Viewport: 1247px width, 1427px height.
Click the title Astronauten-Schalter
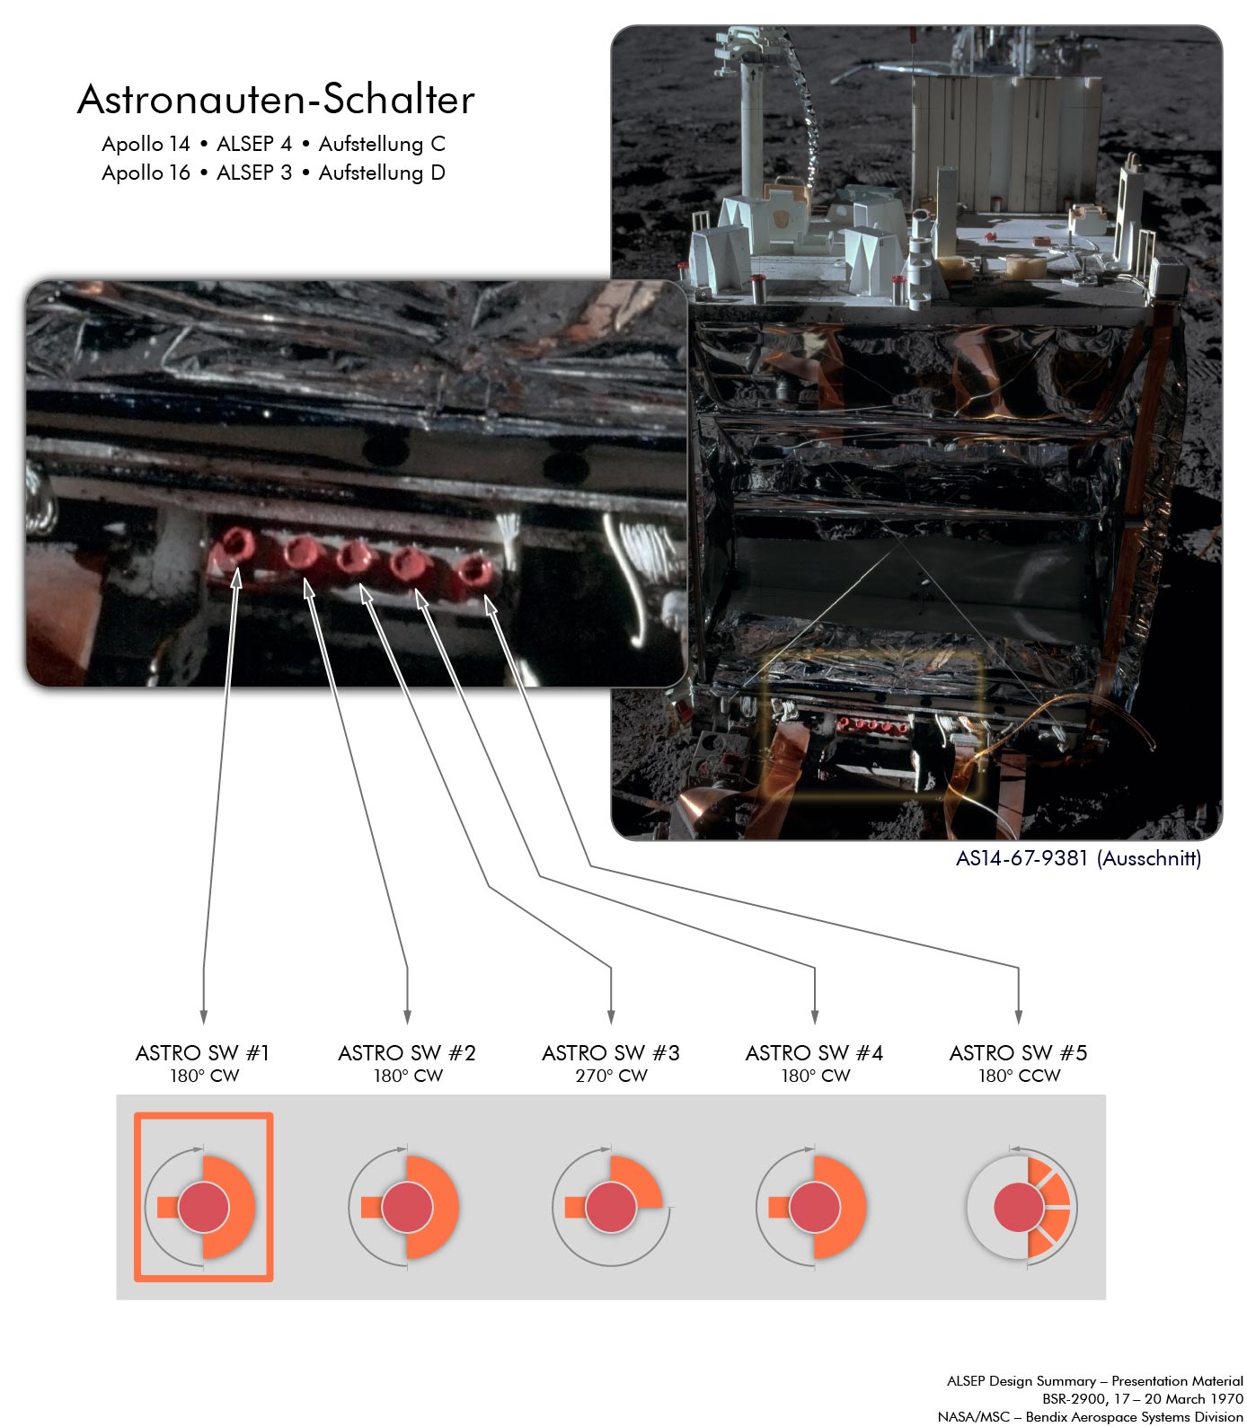(276, 100)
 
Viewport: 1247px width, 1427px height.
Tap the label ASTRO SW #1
(202, 1052)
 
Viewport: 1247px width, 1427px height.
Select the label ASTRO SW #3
(611, 1052)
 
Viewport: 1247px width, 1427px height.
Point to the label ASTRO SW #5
(1018, 1052)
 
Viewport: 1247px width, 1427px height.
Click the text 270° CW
(611, 1076)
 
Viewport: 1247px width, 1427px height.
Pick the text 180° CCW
(1019, 1076)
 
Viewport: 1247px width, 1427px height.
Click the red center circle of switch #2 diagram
(407, 1207)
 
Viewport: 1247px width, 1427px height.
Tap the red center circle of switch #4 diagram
(815, 1207)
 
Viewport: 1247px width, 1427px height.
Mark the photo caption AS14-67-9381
(1021, 858)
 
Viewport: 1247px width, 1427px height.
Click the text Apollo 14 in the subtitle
(146, 144)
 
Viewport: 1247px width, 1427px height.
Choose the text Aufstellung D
(382, 173)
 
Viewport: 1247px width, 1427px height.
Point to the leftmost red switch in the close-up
(236, 545)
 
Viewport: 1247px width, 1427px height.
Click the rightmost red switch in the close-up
(473, 572)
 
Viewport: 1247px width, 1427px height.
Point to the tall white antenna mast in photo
(752, 117)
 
